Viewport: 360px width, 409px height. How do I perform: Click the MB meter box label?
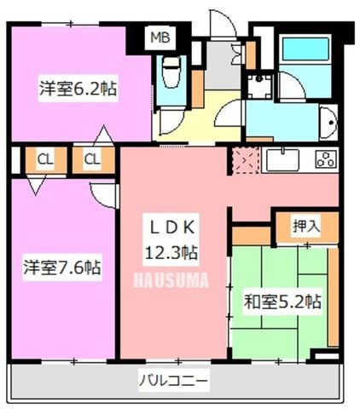pyautogui.click(x=160, y=37)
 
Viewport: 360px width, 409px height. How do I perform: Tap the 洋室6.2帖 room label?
pyautogui.click(x=78, y=89)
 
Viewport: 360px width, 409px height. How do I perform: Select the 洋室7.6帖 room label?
pyautogui.click(x=62, y=268)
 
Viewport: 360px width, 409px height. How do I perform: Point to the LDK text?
pyautogui.click(x=171, y=227)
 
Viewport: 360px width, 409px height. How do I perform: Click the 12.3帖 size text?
pyautogui.click(x=171, y=252)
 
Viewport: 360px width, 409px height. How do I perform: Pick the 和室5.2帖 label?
pyautogui.click(x=282, y=302)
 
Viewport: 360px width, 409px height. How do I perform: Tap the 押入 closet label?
pyautogui.click(x=306, y=227)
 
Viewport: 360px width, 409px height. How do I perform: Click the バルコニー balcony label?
pyautogui.click(x=173, y=380)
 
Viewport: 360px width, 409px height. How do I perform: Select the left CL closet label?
pyautogui.click(x=45, y=159)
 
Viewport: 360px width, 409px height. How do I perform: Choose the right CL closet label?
pyautogui.click(x=92, y=159)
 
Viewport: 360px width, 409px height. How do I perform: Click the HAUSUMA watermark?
pyautogui.click(x=171, y=279)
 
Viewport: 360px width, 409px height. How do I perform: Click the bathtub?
pyautogui.click(x=306, y=48)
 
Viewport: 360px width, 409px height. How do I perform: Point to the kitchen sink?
pyautogui.click(x=282, y=160)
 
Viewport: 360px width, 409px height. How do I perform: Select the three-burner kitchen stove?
pyautogui.click(x=326, y=159)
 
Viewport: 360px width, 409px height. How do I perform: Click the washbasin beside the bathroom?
pyautogui.click(x=328, y=123)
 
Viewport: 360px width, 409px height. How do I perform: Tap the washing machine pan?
pyautogui.click(x=259, y=86)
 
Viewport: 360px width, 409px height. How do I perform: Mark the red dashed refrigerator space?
pyautogui.click(x=246, y=160)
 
